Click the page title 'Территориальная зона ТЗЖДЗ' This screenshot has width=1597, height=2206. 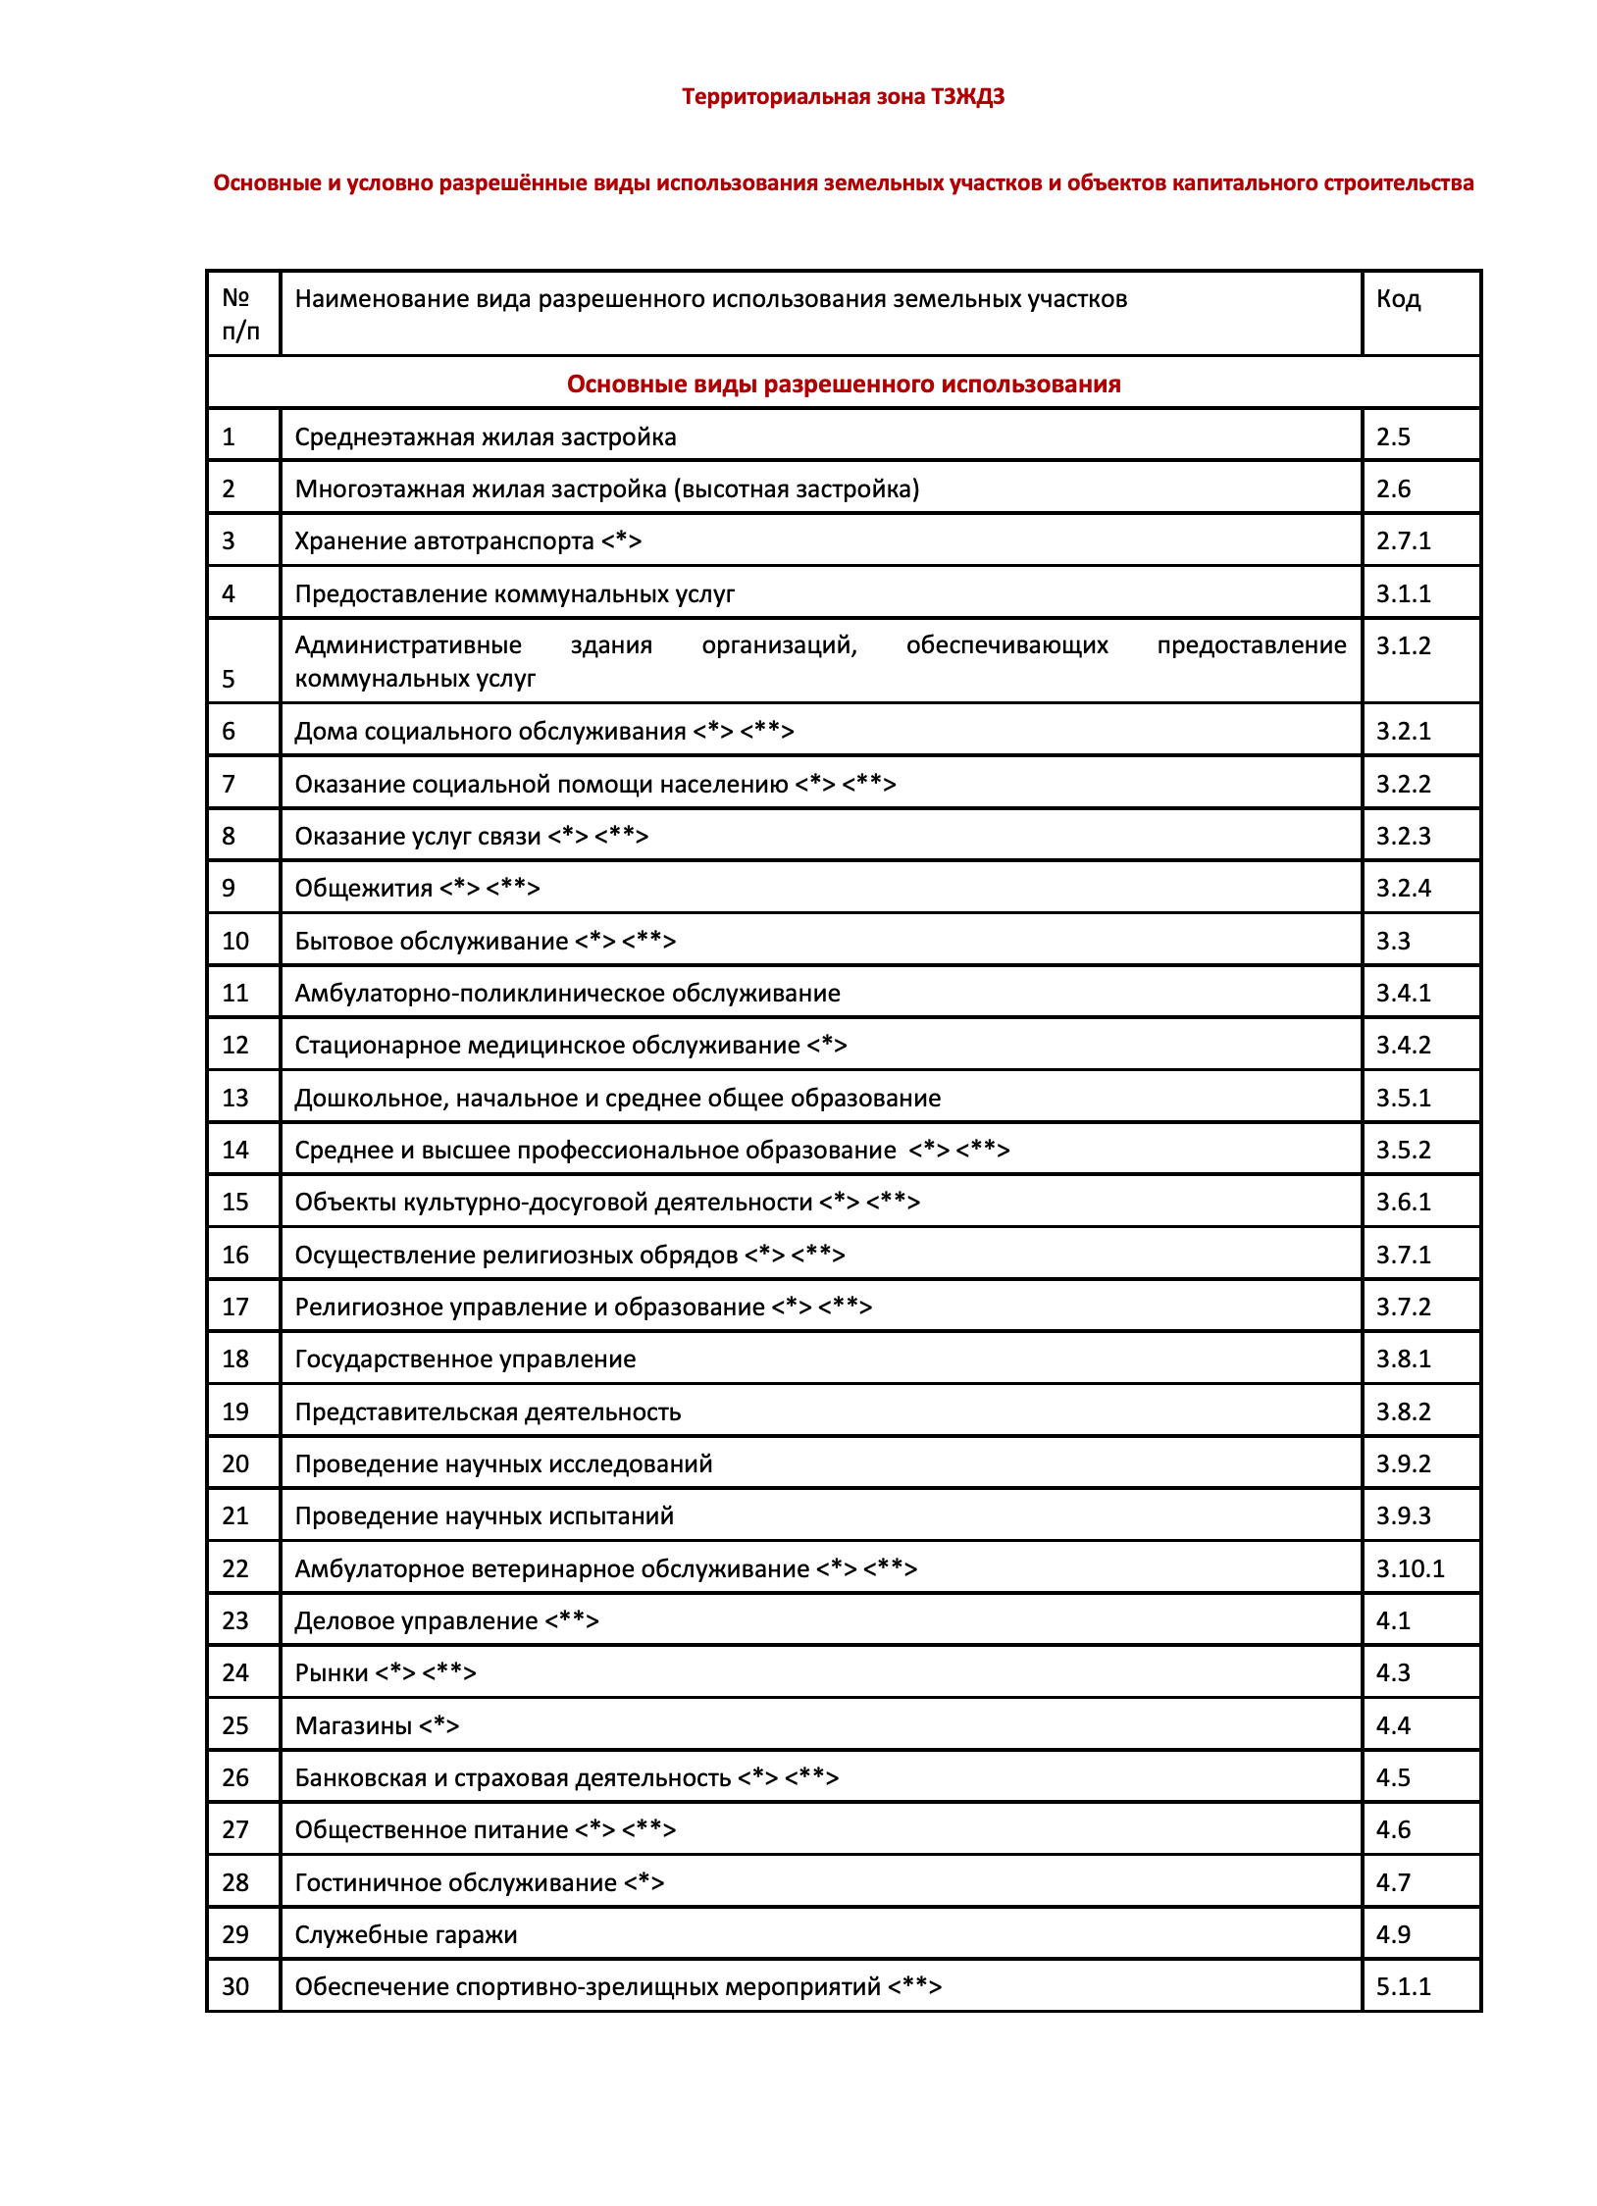coord(843,97)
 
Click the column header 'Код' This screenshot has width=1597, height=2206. coord(1398,299)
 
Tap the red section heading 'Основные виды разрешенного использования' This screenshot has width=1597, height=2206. coord(843,385)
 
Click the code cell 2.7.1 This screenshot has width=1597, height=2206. coord(1403,541)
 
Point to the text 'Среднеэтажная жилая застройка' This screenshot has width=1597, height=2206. coord(485,437)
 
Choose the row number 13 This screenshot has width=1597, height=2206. coord(235,1098)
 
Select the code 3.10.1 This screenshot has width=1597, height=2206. coord(1410,1568)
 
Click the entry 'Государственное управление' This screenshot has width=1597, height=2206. coord(465,1360)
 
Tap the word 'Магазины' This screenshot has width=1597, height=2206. coord(353,1725)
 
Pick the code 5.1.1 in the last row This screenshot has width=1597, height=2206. coord(1403,1986)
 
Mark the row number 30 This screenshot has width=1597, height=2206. coord(235,1986)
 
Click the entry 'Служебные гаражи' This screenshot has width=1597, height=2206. coord(405,1934)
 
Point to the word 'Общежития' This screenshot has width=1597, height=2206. coord(363,889)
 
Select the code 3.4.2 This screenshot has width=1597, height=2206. coord(1403,1046)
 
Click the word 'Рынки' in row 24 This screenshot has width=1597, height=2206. coord(332,1673)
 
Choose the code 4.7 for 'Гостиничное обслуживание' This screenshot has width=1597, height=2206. coord(1393,1882)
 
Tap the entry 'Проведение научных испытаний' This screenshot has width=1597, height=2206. coord(484,1516)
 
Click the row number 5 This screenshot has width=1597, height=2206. coord(229,679)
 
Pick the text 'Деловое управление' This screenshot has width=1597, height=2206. coord(416,1621)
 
